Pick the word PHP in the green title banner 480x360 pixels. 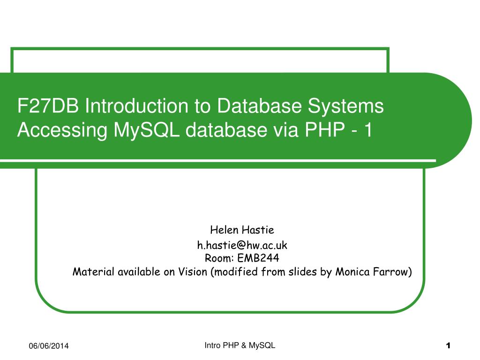(x=323, y=131)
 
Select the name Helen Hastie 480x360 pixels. (x=242, y=230)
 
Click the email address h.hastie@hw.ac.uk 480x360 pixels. (x=242, y=245)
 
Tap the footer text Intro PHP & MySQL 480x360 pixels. (x=240, y=345)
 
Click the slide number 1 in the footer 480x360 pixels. (x=448, y=346)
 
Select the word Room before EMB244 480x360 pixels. (x=216, y=258)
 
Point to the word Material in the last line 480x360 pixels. (x=93, y=272)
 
